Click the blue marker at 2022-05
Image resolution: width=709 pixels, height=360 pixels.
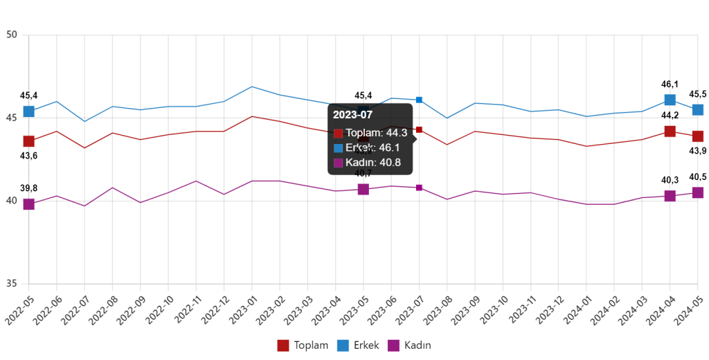coord(29,111)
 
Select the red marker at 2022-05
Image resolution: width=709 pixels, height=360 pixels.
coord(29,141)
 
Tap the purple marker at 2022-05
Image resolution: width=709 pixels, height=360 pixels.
coord(29,204)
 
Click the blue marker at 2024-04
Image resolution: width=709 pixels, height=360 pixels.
coord(670,100)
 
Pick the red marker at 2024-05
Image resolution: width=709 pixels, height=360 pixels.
coord(698,136)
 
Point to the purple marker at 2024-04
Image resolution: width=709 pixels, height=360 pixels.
coord(670,196)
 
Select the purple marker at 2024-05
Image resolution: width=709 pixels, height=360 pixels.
coord(698,192)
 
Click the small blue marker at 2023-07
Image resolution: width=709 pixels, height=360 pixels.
coord(419,100)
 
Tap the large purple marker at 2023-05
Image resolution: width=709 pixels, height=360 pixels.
coord(363,190)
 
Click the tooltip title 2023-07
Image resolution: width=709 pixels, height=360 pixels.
coord(352,115)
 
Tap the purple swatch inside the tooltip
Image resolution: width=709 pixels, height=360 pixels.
coord(338,163)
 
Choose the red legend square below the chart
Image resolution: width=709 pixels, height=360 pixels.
coord(283,345)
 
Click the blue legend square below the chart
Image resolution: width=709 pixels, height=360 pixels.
coord(343,345)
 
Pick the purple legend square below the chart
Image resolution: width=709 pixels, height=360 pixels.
coord(393,345)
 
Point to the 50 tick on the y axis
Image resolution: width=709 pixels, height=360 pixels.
coord(11,35)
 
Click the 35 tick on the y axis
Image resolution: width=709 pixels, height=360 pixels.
coord(11,283)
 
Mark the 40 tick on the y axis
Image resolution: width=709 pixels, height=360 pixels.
coord(11,201)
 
